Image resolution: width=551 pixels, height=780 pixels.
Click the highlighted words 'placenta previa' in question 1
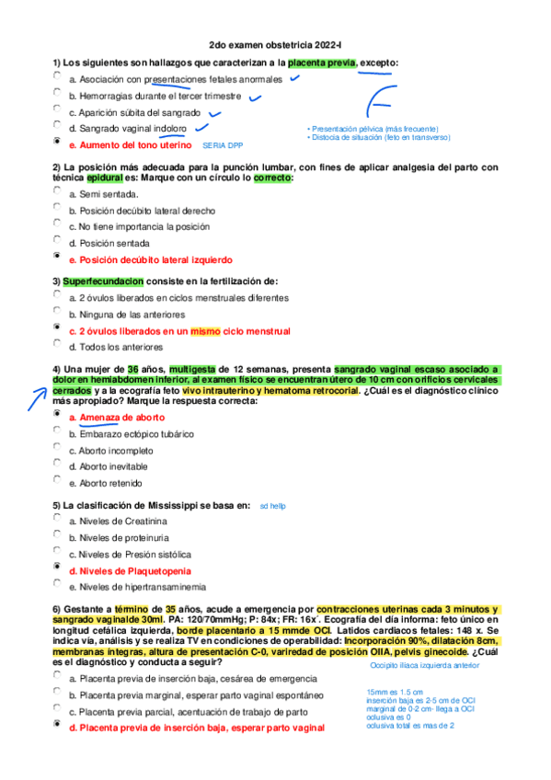pyautogui.click(x=321, y=63)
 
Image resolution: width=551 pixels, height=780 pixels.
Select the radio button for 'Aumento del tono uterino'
pyautogui.click(x=58, y=143)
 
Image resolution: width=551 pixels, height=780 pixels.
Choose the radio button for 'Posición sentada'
pyautogui.click(x=58, y=241)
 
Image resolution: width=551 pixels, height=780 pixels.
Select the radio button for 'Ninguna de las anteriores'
pyautogui.click(x=58, y=312)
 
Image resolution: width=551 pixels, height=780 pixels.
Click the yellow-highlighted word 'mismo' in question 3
pyautogui.click(x=204, y=330)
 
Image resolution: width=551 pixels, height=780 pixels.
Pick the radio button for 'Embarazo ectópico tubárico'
pyautogui.click(x=58, y=431)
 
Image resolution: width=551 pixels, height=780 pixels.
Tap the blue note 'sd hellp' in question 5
pyautogui.click(x=273, y=506)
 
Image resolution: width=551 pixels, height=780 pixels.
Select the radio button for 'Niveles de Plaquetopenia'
pyautogui.click(x=58, y=568)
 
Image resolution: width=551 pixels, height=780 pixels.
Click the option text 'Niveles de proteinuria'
pyautogui.click(x=124, y=537)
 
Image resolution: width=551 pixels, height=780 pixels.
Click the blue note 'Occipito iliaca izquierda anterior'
pyautogui.click(x=424, y=664)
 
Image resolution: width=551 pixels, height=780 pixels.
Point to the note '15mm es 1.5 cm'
pyautogui.click(x=394, y=692)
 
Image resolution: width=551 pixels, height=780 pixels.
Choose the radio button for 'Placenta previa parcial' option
pyautogui.click(x=58, y=708)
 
